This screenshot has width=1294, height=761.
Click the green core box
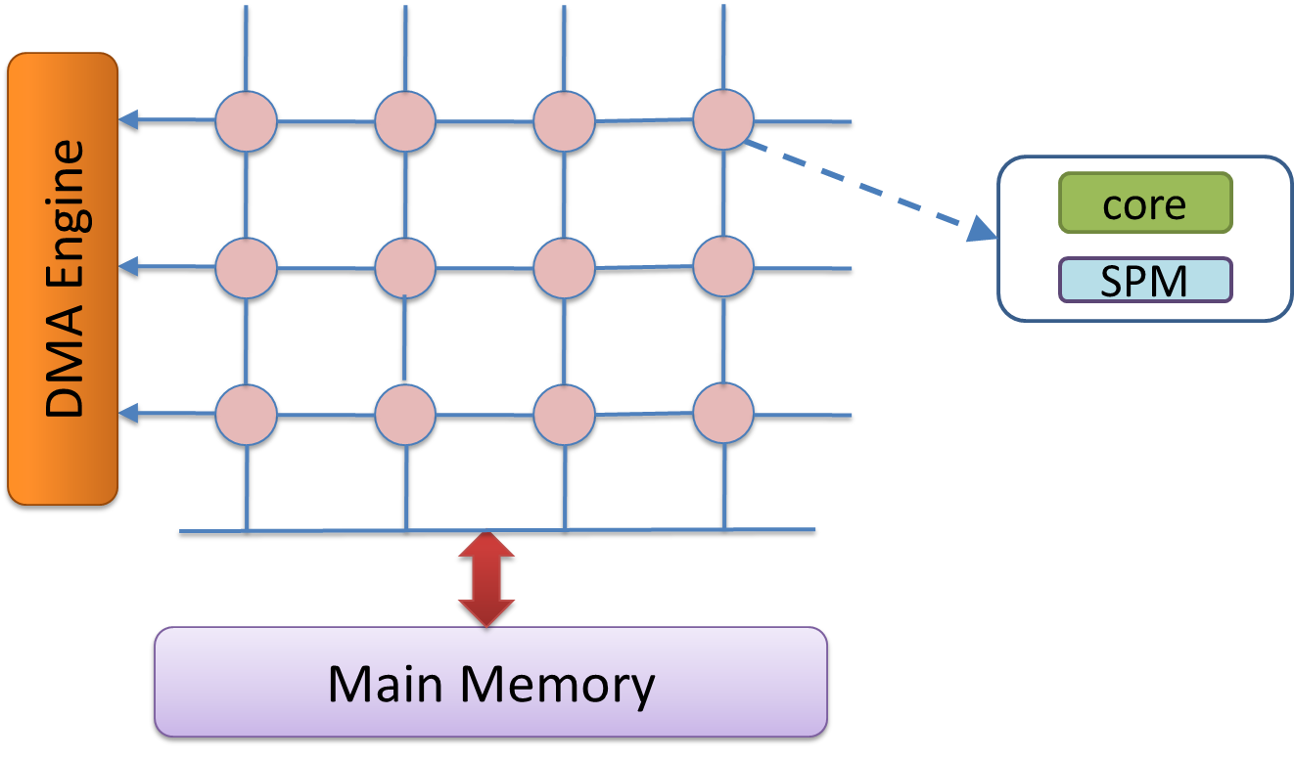click(x=1144, y=203)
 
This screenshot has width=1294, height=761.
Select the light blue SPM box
click(x=1144, y=280)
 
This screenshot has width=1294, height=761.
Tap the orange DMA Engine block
click(x=63, y=279)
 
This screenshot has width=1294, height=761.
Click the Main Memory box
click(x=490, y=682)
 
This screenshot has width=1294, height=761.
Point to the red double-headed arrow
click(x=486, y=579)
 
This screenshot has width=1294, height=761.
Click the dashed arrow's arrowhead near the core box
click(x=980, y=231)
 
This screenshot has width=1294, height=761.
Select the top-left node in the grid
click(x=246, y=121)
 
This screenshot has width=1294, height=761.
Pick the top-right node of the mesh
click(x=723, y=119)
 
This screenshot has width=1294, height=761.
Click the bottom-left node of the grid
click(x=246, y=415)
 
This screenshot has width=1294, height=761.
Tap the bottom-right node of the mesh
click(x=723, y=413)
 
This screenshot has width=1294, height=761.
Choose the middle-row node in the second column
click(x=405, y=268)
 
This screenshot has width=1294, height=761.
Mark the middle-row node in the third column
click(x=564, y=268)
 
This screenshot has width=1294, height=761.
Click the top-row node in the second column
click(x=405, y=121)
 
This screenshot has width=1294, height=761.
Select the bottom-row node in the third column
click(x=564, y=415)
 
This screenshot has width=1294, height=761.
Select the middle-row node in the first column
click(x=246, y=268)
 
